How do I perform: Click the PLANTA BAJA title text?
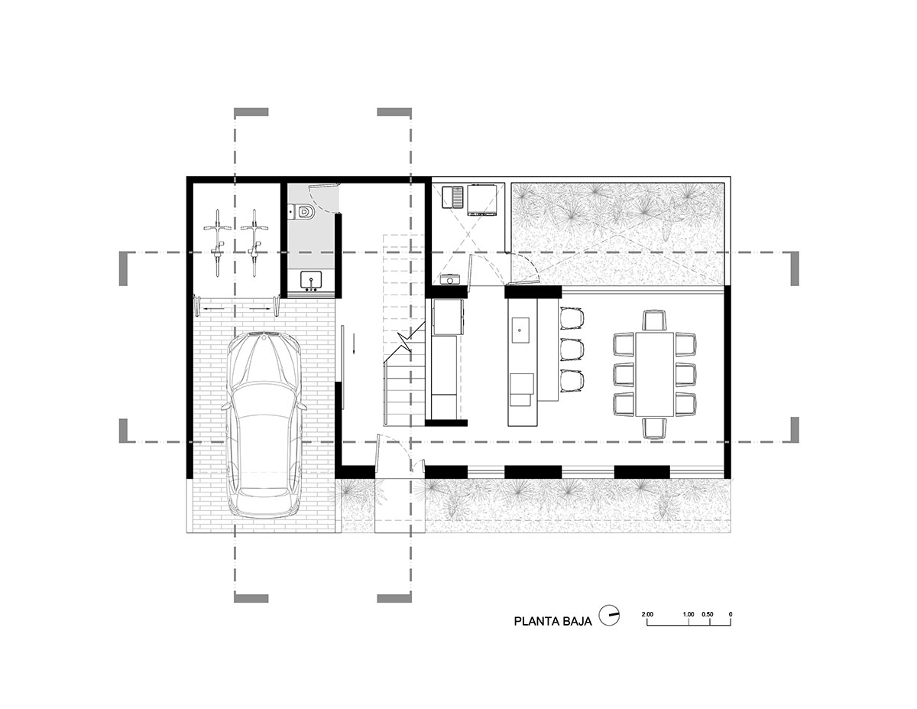[x=552, y=621]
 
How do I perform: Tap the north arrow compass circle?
[x=609, y=615]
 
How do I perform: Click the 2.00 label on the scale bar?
[x=647, y=614]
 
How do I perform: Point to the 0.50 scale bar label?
[x=708, y=614]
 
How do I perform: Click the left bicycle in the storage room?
[x=217, y=242]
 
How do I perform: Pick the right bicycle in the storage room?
[x=254, y=242]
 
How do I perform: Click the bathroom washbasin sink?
[x=312, y=281]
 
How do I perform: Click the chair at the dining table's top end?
[x=655, y=320]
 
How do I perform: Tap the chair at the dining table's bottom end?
[x=655, y=428]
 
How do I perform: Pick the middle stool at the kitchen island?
[x=572, y=349]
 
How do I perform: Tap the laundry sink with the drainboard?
[x=453, y=197]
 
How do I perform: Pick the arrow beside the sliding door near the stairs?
[x=354, y=343]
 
